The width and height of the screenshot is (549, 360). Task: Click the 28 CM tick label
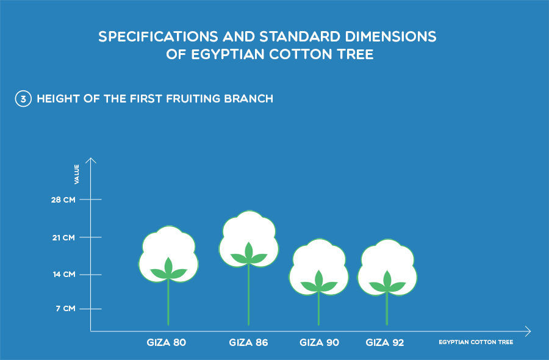[63, 200]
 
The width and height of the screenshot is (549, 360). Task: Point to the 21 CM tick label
[63, 237]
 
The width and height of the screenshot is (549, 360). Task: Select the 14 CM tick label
[64, 274]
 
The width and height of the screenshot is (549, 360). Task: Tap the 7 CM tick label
[65, 309]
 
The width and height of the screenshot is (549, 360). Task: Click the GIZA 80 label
[167, 342]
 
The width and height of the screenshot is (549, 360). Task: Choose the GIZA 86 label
[248, 342]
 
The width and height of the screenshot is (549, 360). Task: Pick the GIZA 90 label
[319, 342]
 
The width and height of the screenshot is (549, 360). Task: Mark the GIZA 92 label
[385, 342]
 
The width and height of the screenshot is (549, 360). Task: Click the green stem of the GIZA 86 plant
[249, 295]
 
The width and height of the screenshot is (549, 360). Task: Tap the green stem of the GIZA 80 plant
[168, 302]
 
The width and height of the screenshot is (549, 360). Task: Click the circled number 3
[23, 99]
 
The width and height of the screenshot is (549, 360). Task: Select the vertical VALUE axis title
[77, 174]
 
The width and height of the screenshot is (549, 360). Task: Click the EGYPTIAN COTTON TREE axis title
[476, 342]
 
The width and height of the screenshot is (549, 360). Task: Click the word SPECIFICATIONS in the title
[158, 37]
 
